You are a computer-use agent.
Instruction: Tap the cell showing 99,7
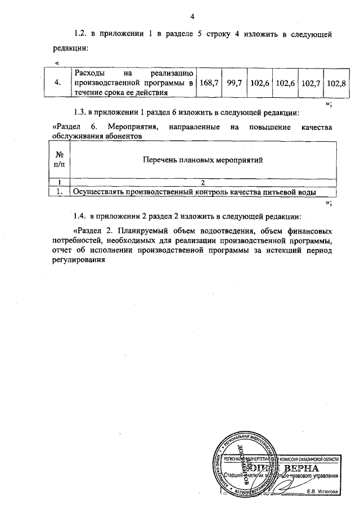pos(234,83)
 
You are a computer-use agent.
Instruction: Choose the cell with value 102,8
pos(336,83)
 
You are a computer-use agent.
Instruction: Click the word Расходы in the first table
pos(89,74)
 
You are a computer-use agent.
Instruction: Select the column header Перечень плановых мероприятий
pos(204,159)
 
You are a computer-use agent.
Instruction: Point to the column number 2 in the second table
pos(203,182)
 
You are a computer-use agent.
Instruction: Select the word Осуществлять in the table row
pos(98,192)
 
